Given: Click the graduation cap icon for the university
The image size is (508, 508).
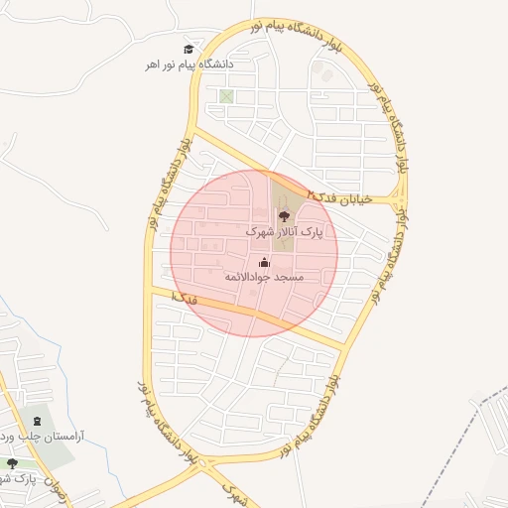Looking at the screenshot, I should pyautogui.click(x=189, y=49).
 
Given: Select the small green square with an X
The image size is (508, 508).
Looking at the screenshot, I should pyautogui.click(x=227, y=96).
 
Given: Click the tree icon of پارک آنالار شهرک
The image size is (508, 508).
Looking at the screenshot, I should pyautogui.click(x=284, y=213).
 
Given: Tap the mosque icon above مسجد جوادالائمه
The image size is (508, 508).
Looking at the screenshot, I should pyautogui.click(x=264, y=263).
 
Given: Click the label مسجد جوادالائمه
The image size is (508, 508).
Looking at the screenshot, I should pyautogui.click(x=264, y=278).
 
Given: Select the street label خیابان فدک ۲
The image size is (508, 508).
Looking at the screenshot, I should pyautogui.click(x=339, y=196).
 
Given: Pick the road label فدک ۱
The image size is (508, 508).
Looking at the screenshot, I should pyautogui.click(x=184, y=297).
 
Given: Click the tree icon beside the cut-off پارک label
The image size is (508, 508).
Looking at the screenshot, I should pyautogui.click(x=12, y=462).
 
